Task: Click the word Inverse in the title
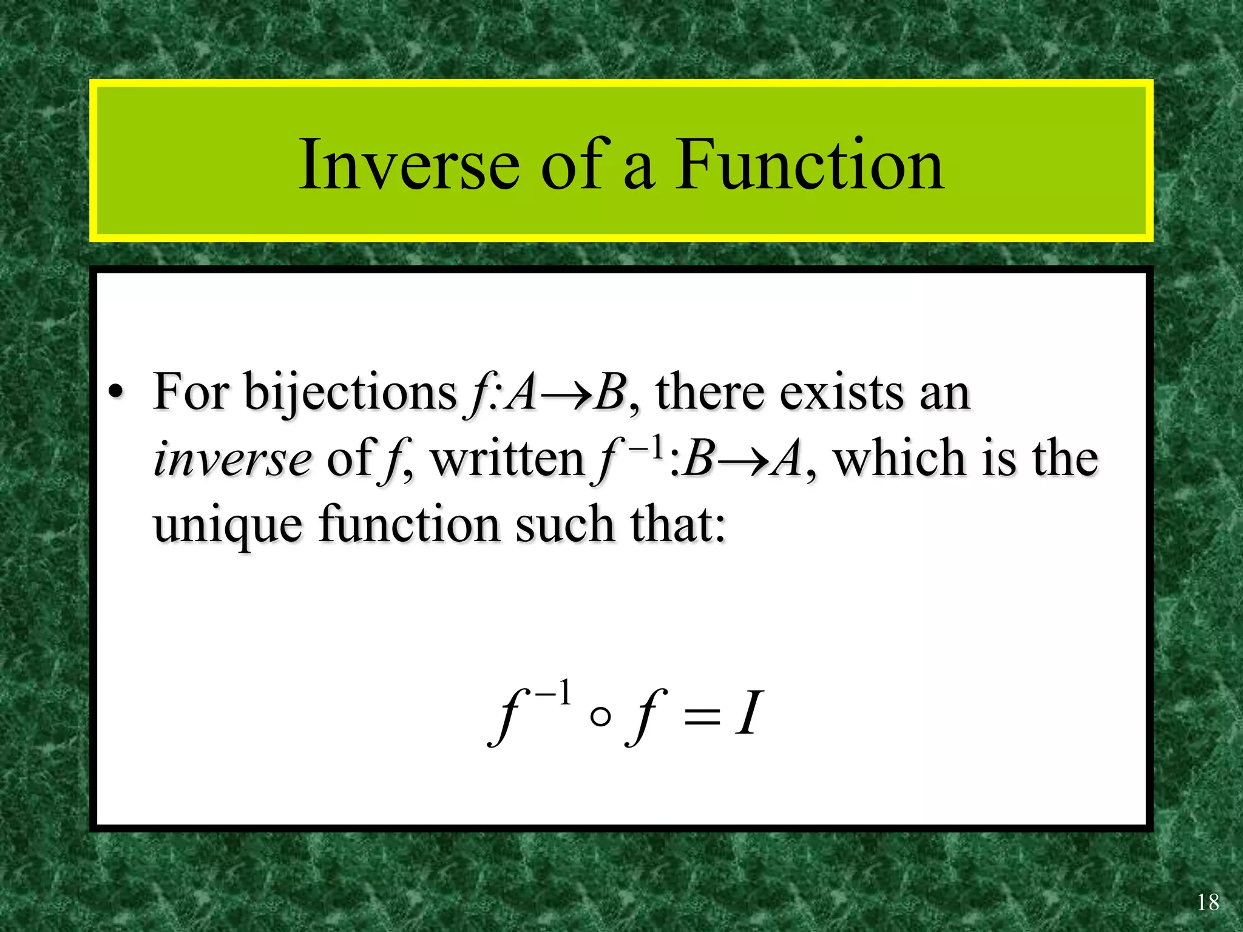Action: [409, 165]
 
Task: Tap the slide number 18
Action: [1208, 902]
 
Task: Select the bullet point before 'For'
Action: [115, 393]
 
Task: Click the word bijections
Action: [350, 393]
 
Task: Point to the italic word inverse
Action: [233, 459]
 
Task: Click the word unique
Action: [228, 525]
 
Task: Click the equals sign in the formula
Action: [702, 718]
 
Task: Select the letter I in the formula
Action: [747, 715]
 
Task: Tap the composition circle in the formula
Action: [600, 718]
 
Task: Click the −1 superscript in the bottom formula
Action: [553, 694]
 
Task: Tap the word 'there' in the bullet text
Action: [710, 393]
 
